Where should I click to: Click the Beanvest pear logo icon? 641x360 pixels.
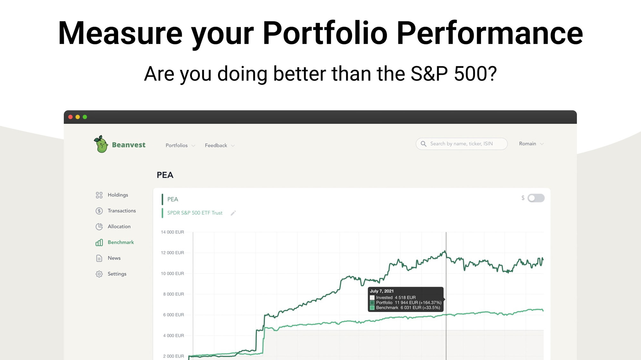(x=101, y=144)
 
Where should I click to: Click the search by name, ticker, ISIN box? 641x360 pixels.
(x=462, y=144)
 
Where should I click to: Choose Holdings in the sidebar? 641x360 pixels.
(x=112, y=195)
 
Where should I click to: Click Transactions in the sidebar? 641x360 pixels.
(x=116, y=211)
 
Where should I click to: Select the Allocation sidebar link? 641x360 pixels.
(x=113, y=226)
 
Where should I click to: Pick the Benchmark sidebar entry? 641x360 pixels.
(x=115, y=242)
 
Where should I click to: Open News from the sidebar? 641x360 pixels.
(x=108, y=258)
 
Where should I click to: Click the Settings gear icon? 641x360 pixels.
(x=99, y=274)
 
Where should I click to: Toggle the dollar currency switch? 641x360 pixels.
(x=536, y=198)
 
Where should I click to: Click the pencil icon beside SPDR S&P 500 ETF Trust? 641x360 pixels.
(x=233, y=213)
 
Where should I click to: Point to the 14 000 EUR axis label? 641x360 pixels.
(x=172, y=232)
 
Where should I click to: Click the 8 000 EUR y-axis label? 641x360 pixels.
(x=173, y=294)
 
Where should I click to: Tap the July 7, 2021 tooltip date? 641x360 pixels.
(x=382, y=291)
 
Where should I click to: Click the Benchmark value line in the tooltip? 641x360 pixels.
(x=405, y=308)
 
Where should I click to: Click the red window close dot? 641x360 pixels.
(x=71, y=117)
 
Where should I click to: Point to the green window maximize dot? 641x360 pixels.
(x=85, y=117)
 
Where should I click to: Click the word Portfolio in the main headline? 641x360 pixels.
(x=325, y=33)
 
